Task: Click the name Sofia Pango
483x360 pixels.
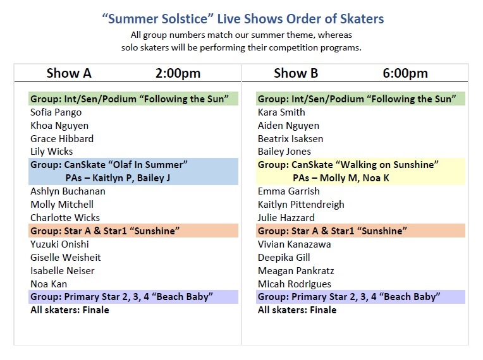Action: (x=56, y=112)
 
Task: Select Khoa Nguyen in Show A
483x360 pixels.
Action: (x=59, y=126)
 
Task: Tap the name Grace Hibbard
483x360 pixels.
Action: (x=61, y=139)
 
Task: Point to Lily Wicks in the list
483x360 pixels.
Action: (x=51, y=152)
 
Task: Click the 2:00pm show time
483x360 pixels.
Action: (x=178, y=73)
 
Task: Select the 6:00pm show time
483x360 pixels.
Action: (x=405, y=73)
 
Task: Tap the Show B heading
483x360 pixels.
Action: (x=296, y=73)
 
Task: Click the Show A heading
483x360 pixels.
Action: (x=69, y=73)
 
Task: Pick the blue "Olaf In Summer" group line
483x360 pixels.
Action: (x=109, y=165)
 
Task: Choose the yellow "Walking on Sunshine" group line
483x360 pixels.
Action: (x=348, y=165)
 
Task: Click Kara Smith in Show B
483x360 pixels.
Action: (x=281, y=112)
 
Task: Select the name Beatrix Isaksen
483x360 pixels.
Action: (x=290, y=139)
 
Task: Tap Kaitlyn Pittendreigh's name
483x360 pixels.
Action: (x=301, y=205)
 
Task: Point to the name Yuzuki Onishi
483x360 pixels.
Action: (x=59, y=244)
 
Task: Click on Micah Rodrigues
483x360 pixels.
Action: (x=295, y=284)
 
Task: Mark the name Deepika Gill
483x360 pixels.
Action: (x=284, y=258)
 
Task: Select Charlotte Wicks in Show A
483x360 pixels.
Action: (x=65, y=218)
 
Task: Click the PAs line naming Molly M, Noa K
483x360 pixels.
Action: (x=341, y=178)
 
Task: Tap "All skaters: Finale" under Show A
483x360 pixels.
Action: (x=70, y=310)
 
